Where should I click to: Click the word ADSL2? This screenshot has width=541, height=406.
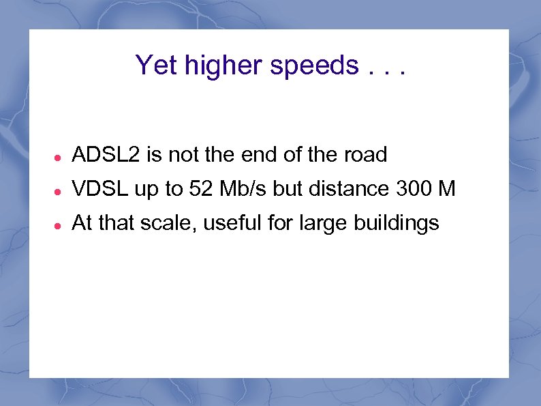point(106,155)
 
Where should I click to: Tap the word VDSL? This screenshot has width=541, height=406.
point(100,189)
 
